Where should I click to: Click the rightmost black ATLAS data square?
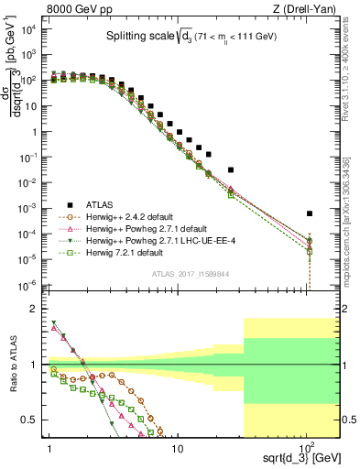click(x=310, y=213)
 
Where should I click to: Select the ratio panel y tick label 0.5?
click(x=34, y=420)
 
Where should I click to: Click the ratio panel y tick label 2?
click(x=38, y=309)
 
